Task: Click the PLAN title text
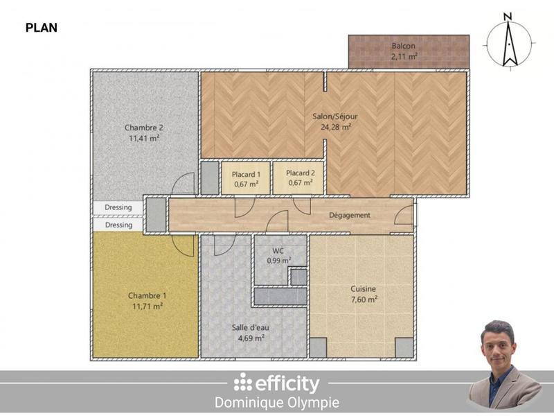(x=41, y=28)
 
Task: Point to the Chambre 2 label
(x=144, y=128)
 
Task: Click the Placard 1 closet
(x=246, y=178)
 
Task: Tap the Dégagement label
(x=349, y=215)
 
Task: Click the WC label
(x=279, y=251)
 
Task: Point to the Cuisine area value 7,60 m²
(x=363, y=300)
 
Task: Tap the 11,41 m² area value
(x=144, y=138)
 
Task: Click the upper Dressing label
(x=118, y=207)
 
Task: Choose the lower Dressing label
(x=118, y=225)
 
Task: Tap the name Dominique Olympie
(x=277, y=402)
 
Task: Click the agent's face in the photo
(x=498, y=344)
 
